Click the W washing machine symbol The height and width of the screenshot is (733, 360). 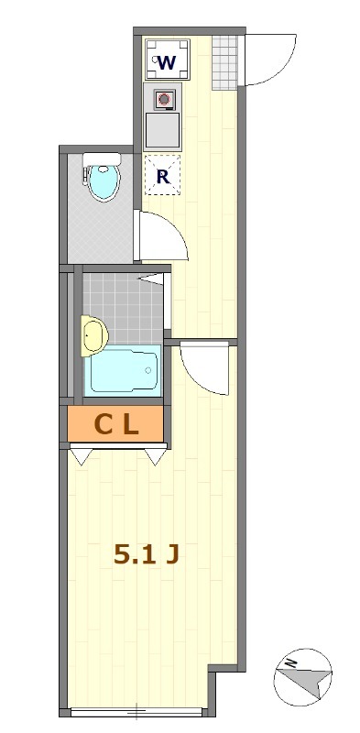pyautogui.click(x=167, y=61)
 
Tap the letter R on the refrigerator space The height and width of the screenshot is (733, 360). pyautogui.click(x=163, y=177)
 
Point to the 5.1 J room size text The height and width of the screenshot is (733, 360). pyautogui.click(x=145, y=553)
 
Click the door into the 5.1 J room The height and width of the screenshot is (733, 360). pyautogui.click(x=203, y=367)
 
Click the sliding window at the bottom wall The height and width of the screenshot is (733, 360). pyautogui.click(x=136, y=711)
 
